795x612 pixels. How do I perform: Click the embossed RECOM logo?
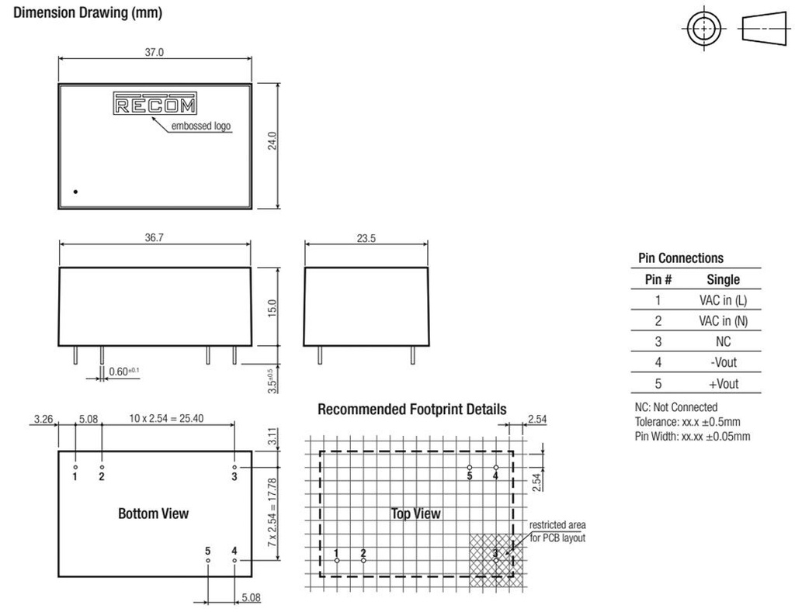154,103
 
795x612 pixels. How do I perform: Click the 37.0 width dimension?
154,52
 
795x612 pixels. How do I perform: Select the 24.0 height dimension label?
273,141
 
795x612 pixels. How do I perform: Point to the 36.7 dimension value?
154,237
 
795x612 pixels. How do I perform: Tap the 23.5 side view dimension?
366,238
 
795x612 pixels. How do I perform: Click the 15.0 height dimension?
273,308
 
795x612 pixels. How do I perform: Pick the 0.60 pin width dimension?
123,372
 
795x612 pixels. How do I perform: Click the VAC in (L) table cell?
723,300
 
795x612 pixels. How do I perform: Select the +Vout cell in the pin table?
724,383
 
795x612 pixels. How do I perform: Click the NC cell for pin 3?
724,341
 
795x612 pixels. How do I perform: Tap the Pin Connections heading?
681,258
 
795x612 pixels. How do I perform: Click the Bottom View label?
153,513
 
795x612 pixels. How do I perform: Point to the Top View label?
416,513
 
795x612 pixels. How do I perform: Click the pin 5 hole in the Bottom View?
208,560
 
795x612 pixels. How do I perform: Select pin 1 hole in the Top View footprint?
337,560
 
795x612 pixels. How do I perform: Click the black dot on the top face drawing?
75,192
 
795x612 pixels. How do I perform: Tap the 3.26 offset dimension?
43,419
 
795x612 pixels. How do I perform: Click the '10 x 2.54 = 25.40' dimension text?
166,418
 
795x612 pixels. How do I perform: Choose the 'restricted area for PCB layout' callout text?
557,531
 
